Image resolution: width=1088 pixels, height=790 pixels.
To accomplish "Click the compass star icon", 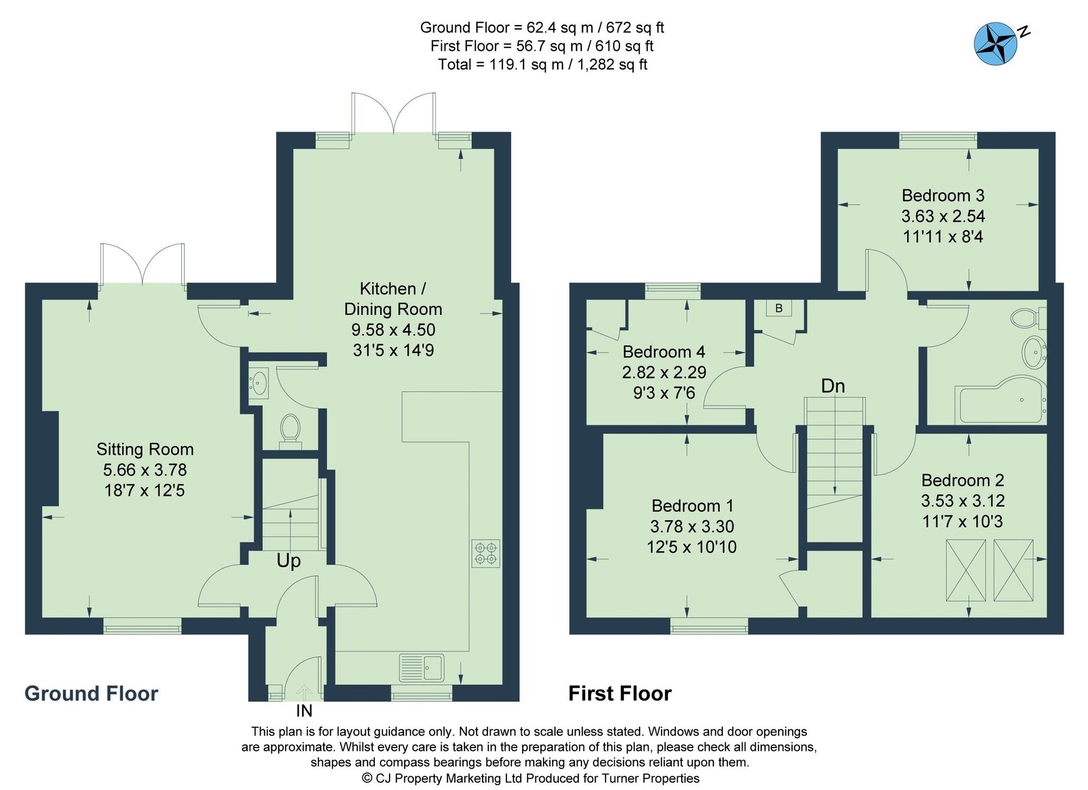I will pos(995,44).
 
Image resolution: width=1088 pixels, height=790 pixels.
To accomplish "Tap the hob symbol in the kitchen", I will pos(486,553).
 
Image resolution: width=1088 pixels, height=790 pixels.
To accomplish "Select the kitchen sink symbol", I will pos(422,668).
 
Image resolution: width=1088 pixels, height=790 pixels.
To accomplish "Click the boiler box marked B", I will pos(778,308).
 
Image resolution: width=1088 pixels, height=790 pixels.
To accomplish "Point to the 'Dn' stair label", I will pos(833,386).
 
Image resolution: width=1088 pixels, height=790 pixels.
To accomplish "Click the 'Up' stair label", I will pos(288,561).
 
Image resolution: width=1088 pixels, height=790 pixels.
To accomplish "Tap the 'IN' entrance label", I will pos(304,711).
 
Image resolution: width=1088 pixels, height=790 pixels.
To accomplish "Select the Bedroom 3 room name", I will pos(943,195).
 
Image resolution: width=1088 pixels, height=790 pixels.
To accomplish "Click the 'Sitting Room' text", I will pos(145,449).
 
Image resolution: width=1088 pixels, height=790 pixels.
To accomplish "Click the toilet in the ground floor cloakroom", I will pos(290,429).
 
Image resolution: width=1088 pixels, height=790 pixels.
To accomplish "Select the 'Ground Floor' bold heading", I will pos(91,694).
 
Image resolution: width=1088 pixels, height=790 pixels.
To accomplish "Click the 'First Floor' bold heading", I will pos(620,694).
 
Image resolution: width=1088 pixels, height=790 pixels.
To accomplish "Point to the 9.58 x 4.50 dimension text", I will pos(393,330).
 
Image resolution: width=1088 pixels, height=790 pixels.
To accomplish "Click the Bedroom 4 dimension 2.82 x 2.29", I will pos(664,372).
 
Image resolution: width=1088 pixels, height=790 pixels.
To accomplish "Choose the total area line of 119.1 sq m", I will pos(542,65).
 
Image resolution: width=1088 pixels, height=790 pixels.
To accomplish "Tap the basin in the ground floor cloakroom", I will pos(259,381).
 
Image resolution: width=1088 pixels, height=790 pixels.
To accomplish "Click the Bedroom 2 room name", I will pos(962,480).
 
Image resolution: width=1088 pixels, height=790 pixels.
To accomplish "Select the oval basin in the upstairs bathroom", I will pos(1033,353).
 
